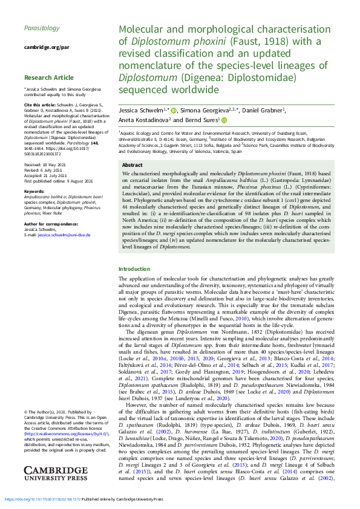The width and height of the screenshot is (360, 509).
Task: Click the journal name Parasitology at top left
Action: [42, 28]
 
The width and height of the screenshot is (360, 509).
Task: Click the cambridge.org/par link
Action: [47, 47]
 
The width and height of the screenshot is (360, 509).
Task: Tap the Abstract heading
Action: [133, 165]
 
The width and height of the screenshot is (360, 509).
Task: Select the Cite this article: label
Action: [38, 103]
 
